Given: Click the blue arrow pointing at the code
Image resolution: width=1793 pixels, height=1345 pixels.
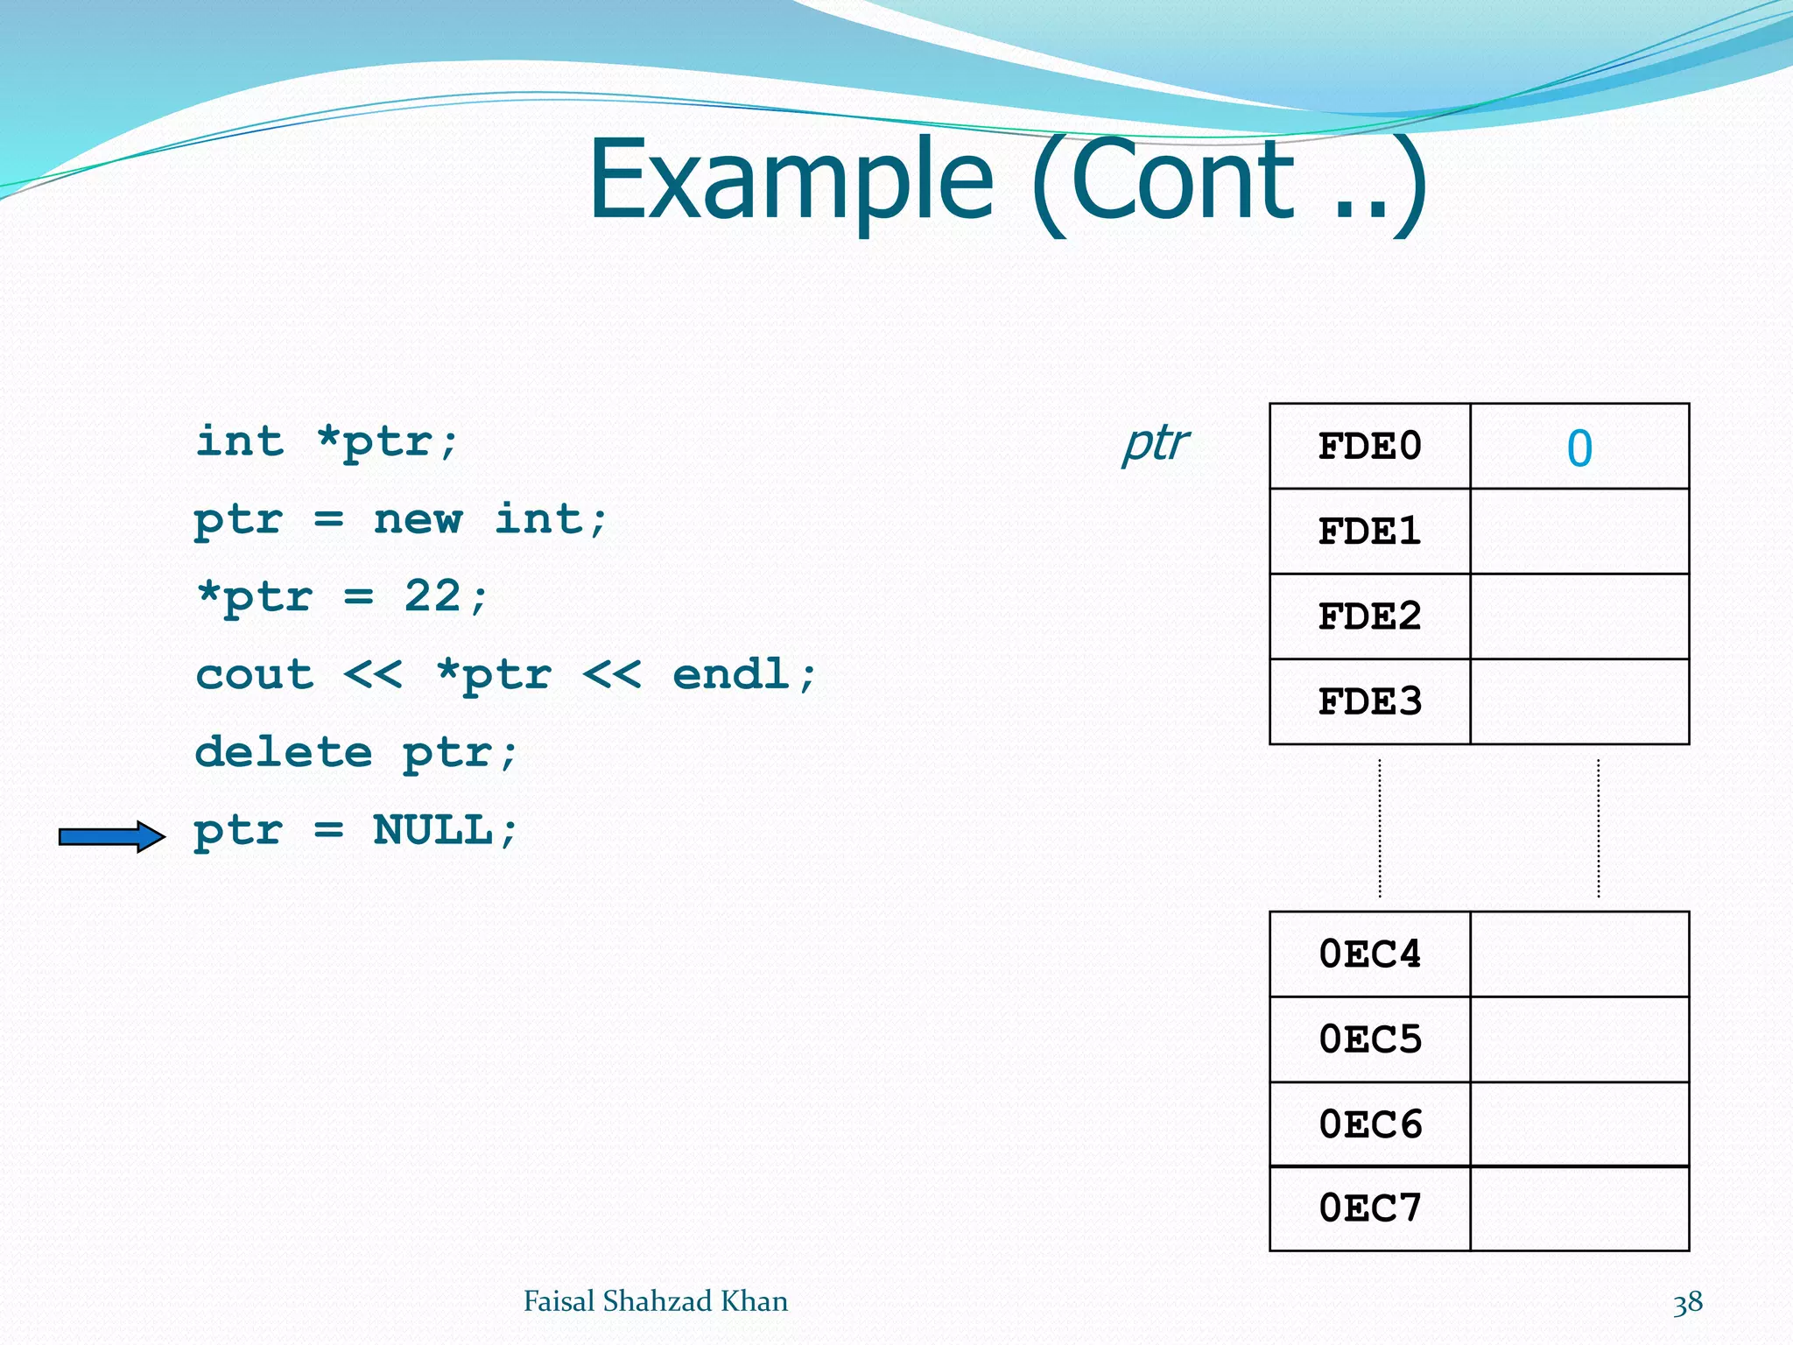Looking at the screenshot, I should click(112, 837).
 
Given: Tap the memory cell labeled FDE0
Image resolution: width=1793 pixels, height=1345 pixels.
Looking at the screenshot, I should click(1369, 447).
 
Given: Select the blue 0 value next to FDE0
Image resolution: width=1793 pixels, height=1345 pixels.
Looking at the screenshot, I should click(1579, 448).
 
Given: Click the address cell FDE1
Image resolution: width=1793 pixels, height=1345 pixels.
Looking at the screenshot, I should click(1369, 532).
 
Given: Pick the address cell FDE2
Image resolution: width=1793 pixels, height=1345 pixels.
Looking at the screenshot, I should click(1369, 616).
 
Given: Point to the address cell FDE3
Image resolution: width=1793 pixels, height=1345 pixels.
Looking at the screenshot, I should click(1369, 701).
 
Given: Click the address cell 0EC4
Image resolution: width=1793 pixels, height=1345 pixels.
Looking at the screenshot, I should click(1369, 954).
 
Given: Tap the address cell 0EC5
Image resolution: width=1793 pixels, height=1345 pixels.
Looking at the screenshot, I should click(1369, 1039).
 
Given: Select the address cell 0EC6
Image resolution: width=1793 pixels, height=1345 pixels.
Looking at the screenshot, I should click(1369, 1124).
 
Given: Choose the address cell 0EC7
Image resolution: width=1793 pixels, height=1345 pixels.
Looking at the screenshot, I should click(1369, 1208).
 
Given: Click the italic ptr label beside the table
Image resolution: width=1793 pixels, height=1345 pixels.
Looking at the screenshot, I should click(1156, 443).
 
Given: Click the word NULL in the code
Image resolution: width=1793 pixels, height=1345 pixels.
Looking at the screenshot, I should click(432, 829).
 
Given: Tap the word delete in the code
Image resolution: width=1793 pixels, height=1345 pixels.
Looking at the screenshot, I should click(283, 752).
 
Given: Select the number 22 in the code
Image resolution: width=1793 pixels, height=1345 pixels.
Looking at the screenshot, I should click(432, 596).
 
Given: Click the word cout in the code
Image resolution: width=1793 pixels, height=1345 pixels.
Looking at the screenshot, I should click(254, 674).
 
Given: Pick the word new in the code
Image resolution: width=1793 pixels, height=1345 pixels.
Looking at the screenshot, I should click(418, 519).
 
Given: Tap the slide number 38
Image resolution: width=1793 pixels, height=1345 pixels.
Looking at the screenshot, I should click(1687, 1302).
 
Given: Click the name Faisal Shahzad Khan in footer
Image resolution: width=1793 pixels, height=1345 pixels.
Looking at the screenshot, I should click(655, 1301).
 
